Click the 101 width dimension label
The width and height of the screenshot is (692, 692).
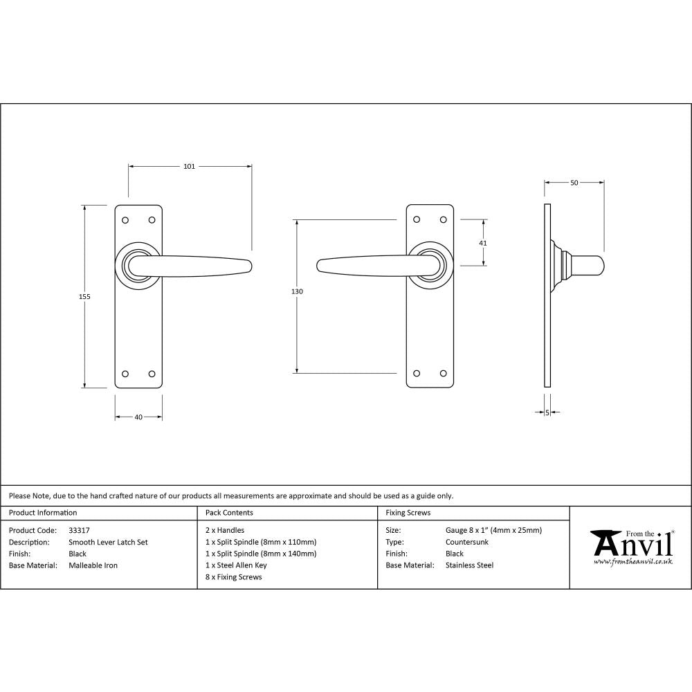point(189,166)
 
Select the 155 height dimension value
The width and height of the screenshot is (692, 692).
point(84,296)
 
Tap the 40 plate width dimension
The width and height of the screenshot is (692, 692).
point(138,417)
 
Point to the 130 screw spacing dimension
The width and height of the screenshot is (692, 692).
point(297,291)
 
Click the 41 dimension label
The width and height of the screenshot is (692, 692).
point(483,243)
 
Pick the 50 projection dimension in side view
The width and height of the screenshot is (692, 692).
point(574,183)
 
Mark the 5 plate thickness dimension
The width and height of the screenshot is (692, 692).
point(547,412)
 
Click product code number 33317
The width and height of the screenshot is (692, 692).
point(80,531)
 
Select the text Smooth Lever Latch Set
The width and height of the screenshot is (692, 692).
point(108,543)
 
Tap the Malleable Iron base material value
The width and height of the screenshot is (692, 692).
point(93,565)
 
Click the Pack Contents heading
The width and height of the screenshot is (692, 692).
point(229,513)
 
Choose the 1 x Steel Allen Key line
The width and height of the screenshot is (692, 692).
point(236,565)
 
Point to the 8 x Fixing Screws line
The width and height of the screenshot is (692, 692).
point(234,576)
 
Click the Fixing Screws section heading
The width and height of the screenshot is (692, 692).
point(408,513)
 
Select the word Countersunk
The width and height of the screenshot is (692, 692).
point(467,543)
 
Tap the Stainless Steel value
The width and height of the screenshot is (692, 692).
point(470,565)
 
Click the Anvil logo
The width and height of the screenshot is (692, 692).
point(631,546)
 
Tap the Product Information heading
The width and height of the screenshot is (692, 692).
point(43,513)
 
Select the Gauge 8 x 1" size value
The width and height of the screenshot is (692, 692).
point(493,531)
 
